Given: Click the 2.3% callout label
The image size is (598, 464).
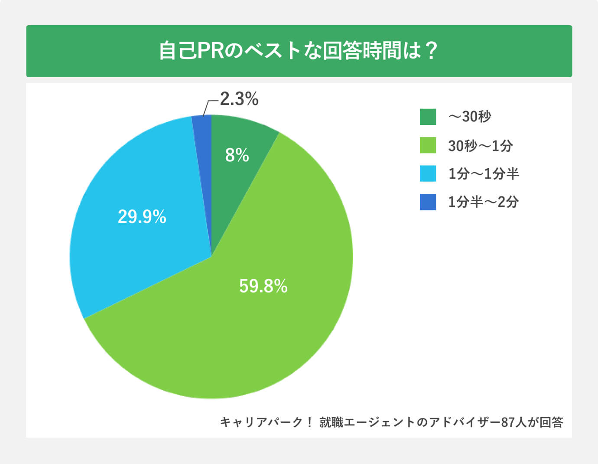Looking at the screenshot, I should pyautogui.click(x=239, y=99).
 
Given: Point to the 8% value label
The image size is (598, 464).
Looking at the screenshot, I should pyautogui.click(x=237, y=155).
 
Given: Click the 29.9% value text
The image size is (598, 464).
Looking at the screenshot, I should pyautogui.click(x=142, y=216).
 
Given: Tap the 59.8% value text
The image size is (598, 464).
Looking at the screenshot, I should pyautogui.click(x=263, y=286).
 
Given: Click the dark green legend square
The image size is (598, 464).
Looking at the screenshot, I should pyautogui.click(x=428, y=117).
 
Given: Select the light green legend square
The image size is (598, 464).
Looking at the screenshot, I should pyautogui.click(x=428, y=145).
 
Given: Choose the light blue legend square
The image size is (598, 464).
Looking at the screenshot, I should pyautogui.click(x=428, y=173).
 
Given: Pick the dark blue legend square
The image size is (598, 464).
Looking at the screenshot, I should pyautogui.click(x=428, y=202).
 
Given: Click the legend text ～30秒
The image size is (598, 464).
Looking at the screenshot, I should pyautogui.click(x=470, y=117).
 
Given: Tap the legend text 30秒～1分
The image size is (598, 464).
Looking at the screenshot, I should pyautogui.click(x=480, y=146).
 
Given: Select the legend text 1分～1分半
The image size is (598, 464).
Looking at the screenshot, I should pyautogui.click(x=483, y=174).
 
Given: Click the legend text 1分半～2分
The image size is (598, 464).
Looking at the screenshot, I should pyautogui.click(x=483, y=202).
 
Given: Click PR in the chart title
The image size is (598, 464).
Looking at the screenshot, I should pyautogui.click(x=210, y=51).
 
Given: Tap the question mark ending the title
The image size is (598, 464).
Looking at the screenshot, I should pyautogui.click(x=431, y=51).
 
